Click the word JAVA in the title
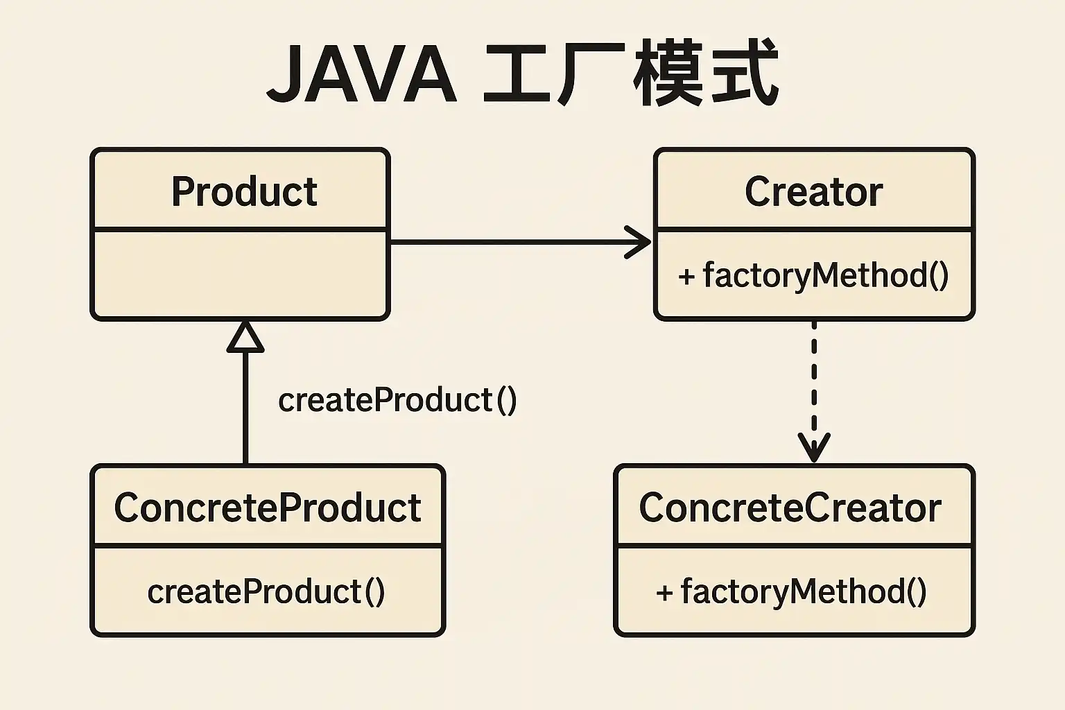pos(362,73)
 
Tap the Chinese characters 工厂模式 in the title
pos(631,73)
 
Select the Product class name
pos(244,191)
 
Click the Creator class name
pos(813,191)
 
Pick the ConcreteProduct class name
pos(268,508)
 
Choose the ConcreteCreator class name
pos(790,508)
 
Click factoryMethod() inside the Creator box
pos(826,276)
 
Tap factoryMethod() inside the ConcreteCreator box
pos(804,592)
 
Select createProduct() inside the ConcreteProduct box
pos(266,592)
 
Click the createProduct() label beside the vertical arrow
pos(397,400)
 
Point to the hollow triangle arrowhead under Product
pos(245,337)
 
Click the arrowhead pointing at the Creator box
pos(638,242)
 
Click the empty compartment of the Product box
pos(240,273)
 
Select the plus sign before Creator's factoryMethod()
pos(686,276)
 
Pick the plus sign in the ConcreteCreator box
pos(664,593)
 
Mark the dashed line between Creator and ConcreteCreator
pos(814,390)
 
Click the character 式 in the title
pos(745,73)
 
